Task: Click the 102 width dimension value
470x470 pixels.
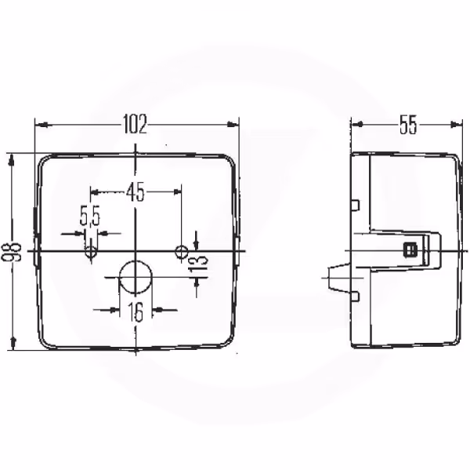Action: click(136, 124)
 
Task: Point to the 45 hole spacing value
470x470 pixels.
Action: click(136, 192)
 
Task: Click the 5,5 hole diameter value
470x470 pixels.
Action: click(89, 215)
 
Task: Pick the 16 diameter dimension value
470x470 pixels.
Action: click(136, 312)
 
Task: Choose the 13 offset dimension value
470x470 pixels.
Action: click(198, 261)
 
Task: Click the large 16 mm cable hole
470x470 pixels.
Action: click(136, 277)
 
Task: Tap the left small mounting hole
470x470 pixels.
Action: click(91, 252)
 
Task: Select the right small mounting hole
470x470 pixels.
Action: click(182, 252)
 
